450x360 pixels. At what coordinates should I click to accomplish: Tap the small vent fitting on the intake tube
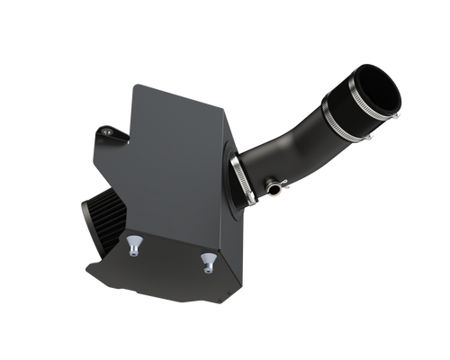click(x=273, y=190)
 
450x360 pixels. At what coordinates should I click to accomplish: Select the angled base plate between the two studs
click(x=171, y=256)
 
